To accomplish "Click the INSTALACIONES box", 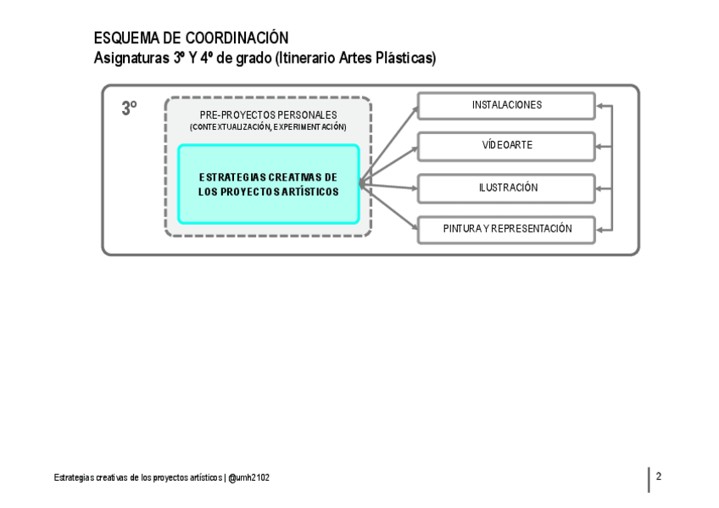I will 506,105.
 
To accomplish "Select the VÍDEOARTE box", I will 506,146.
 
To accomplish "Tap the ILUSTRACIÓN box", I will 506,188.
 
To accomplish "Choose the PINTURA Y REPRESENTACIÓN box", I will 506,229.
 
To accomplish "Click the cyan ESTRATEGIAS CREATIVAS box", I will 268,184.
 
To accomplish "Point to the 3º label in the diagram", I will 129,109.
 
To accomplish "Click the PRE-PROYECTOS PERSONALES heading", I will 268,115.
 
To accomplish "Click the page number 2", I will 659,477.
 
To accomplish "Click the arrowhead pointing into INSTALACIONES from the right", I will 600,106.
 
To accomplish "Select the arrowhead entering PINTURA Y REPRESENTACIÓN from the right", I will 600,229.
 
